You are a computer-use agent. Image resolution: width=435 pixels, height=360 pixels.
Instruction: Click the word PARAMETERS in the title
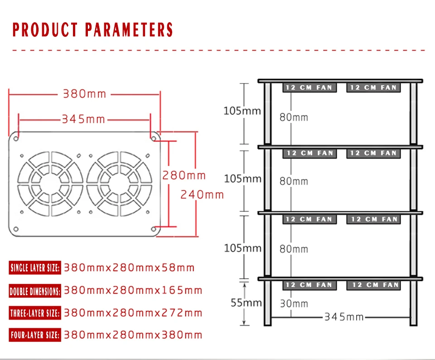pyautogui.click(x=129, y=30)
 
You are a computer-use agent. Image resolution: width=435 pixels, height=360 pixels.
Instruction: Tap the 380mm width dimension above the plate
pyautogui.click(x=85, y=94)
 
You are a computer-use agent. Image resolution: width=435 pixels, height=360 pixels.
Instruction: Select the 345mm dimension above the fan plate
pyautogui.click(x=83, y=119)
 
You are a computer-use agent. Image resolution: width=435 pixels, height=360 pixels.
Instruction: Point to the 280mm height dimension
pyautogui.click(x=184, y=175)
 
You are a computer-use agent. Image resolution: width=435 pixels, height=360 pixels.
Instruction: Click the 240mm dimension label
pyautogui.click(x=202, y=195)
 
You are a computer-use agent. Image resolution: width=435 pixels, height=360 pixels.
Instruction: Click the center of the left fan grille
pyautogui.click(x=50, y=184)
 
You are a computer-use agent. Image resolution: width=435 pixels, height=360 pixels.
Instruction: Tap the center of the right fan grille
pyautogui.click(x=119, y=184)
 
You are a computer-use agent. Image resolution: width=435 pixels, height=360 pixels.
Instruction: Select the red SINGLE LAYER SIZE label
pyautogui.click(x=35, y=268)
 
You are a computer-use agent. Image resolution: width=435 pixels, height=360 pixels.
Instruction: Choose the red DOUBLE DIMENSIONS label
pyautogui.click(x=35, y=291)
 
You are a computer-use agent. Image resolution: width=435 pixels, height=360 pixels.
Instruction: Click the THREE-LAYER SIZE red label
pyautogui.click(x=35, y=313)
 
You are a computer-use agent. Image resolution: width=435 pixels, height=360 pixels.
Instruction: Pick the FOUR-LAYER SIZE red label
pyautogui.click(x=35, y=335)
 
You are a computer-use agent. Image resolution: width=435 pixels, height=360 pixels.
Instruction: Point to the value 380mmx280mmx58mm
pyautogui.click(x=129, y=268)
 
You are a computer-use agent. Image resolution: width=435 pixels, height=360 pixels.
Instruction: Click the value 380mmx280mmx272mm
pyautogui.click(x=133, y=313)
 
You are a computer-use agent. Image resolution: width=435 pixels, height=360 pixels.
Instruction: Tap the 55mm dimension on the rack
pyautogui.click(x=246, y=302)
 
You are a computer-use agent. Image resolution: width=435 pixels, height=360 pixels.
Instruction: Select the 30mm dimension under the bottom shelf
pyautogui.click(x=294, y=304)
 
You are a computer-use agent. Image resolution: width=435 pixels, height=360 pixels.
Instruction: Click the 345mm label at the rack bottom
pyautogui.click(x=344, y=316)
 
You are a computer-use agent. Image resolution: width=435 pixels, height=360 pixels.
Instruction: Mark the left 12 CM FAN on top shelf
pyautogui.click(x=309, y=88)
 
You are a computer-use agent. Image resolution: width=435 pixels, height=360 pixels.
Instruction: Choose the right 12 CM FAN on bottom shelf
pyautogui.click(x=374, y=285)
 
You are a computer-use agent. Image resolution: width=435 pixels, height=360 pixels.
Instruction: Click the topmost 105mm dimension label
pyautogui.click(x=242, y=111)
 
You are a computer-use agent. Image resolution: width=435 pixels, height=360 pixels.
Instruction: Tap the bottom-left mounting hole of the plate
pyautogui.click(x=16, y=229)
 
